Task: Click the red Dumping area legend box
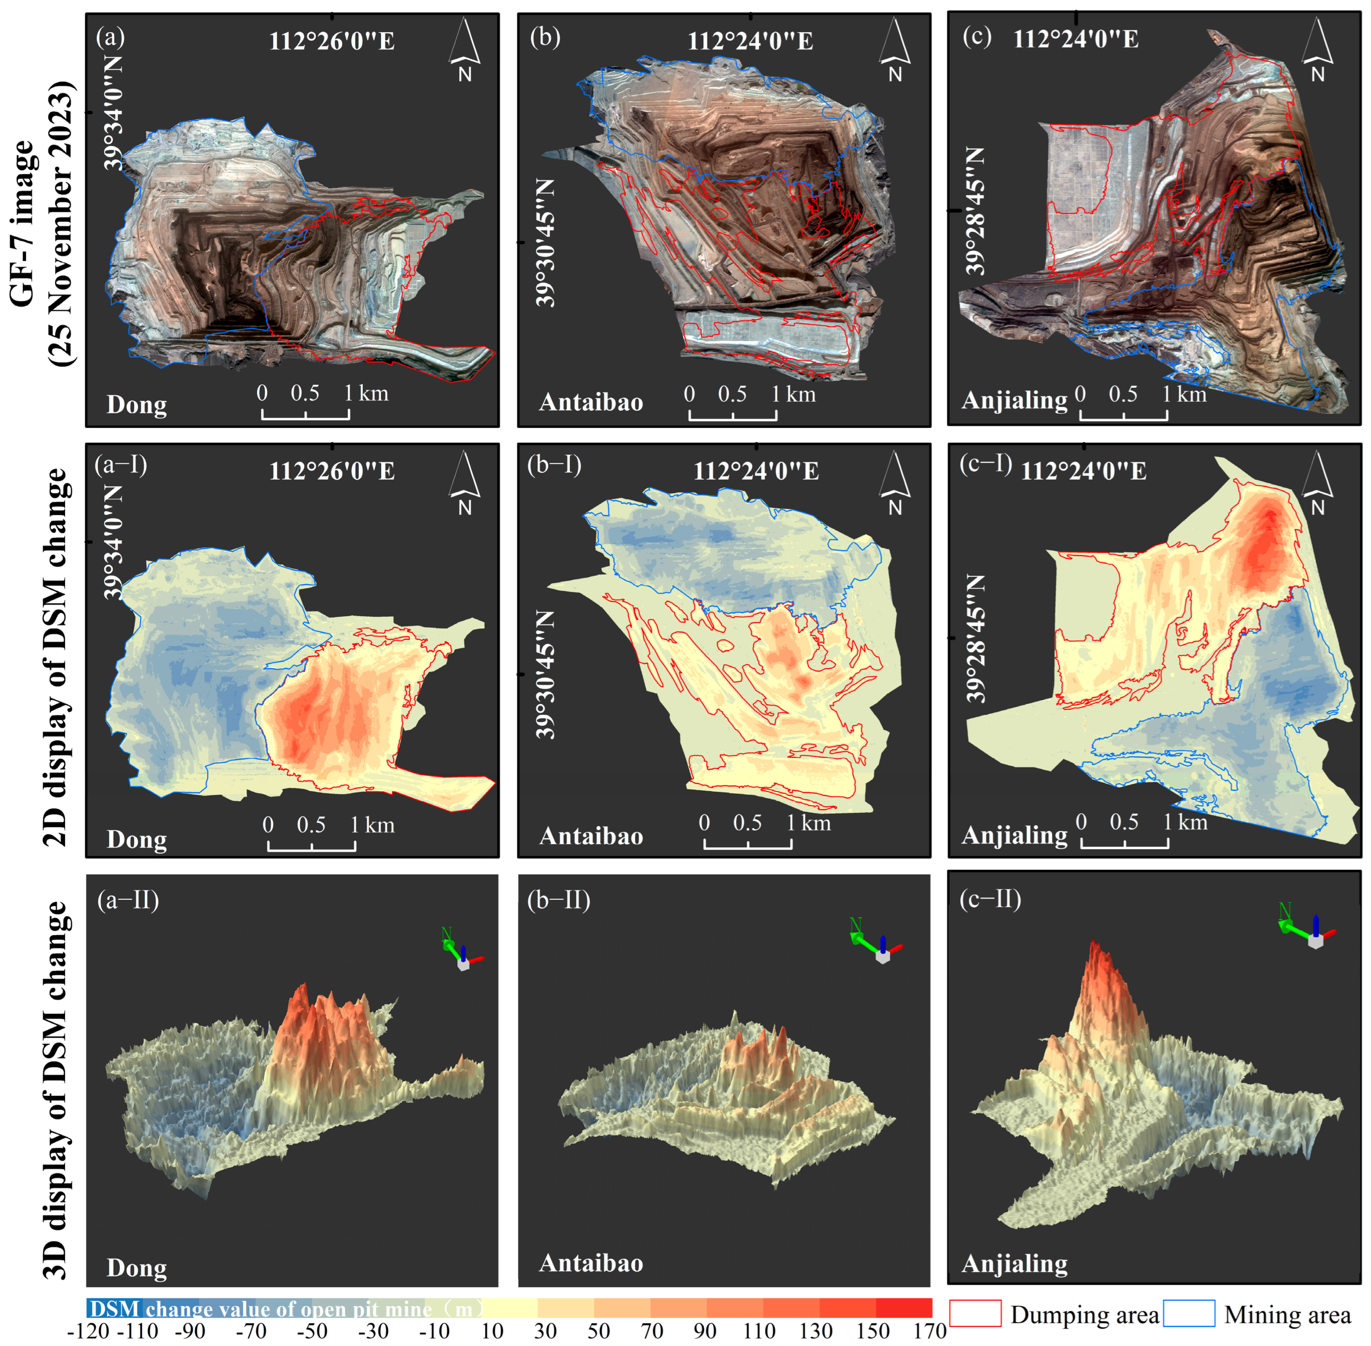[975, 1313]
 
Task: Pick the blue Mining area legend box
[1189, 1313]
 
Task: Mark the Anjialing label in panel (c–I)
[1014, 835]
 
